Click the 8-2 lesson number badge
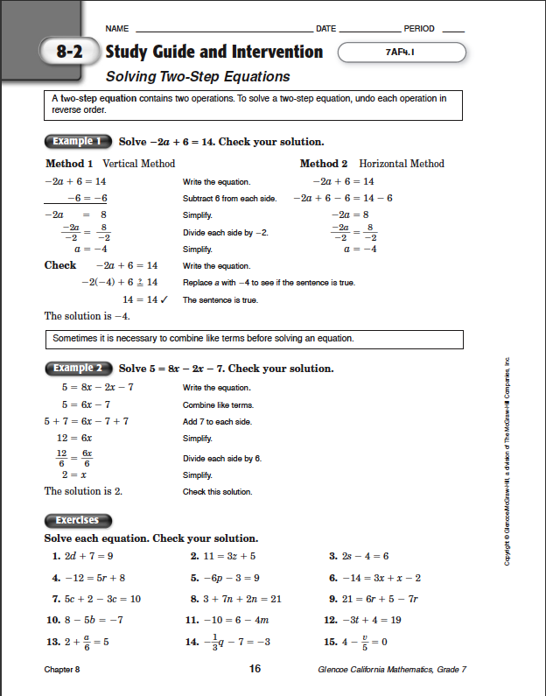pos(69,52)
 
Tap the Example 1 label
pos(77,141)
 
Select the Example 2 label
pos(77,369)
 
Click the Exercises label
pos(77,520)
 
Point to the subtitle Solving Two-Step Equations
pos(198,77)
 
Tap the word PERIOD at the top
pos(419,29)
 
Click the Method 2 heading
pos(324,164)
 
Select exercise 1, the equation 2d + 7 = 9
pos(83,556)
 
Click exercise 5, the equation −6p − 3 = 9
pos(224,578)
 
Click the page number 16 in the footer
pos(255,669)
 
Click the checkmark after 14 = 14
pos(164,299)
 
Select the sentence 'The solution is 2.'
pos(83,491)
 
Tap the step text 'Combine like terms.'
pos(218,405)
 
